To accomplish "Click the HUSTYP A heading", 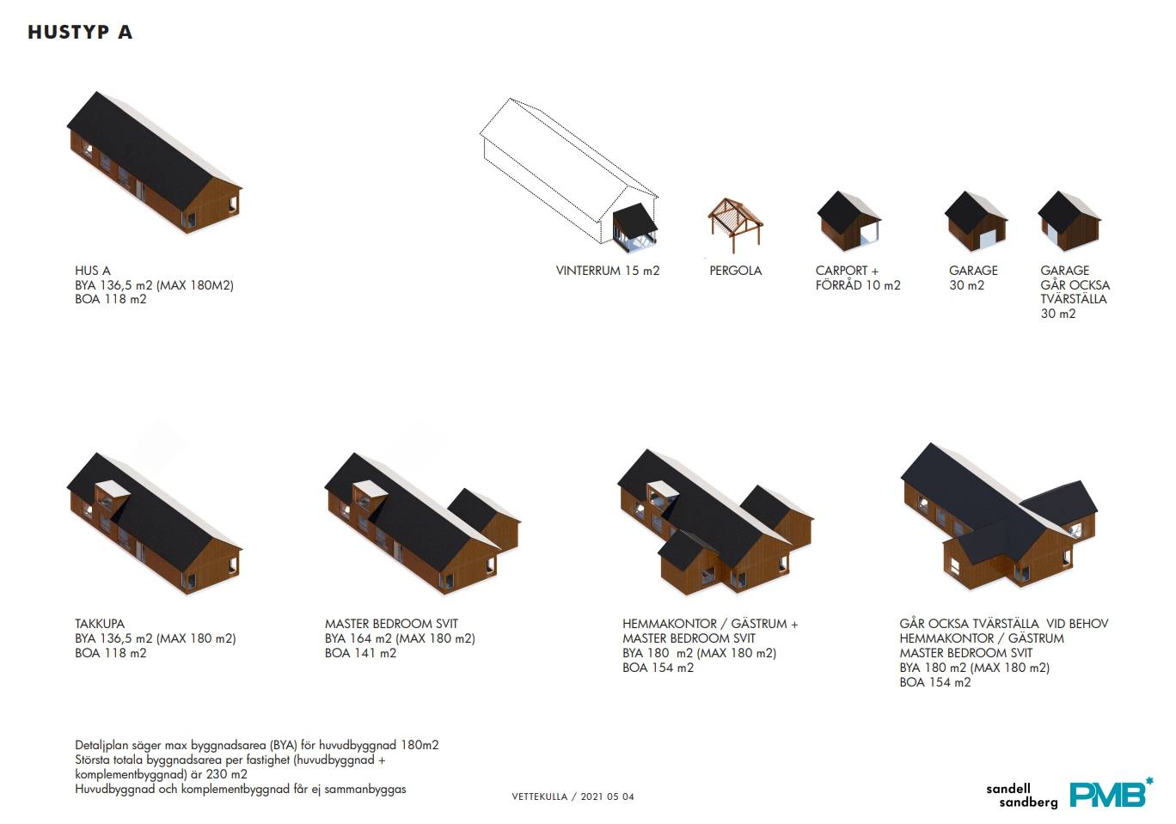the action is coord(80,32).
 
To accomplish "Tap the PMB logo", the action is coord(1111,793).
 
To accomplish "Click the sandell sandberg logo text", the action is coord(1021,796).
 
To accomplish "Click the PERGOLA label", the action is coord(735,271).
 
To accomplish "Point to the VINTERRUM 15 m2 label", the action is coord(608,271).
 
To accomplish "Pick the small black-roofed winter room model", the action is coord(634,225).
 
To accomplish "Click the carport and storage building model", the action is coord(848,221).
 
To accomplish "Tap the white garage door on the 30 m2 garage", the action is coord(987,239).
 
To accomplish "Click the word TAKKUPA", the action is coord(100,624).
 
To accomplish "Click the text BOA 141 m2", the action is coord(360,653).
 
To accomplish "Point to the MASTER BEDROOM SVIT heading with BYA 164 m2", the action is coord(391,624).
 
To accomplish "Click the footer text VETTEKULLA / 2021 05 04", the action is coord(573,797).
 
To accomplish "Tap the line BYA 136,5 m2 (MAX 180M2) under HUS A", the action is coord(154,285).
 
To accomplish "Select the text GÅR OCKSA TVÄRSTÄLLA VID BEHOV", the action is coord(1003,624).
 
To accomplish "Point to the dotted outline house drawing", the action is coord(568,171).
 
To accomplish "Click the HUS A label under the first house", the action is coord(92,271).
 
